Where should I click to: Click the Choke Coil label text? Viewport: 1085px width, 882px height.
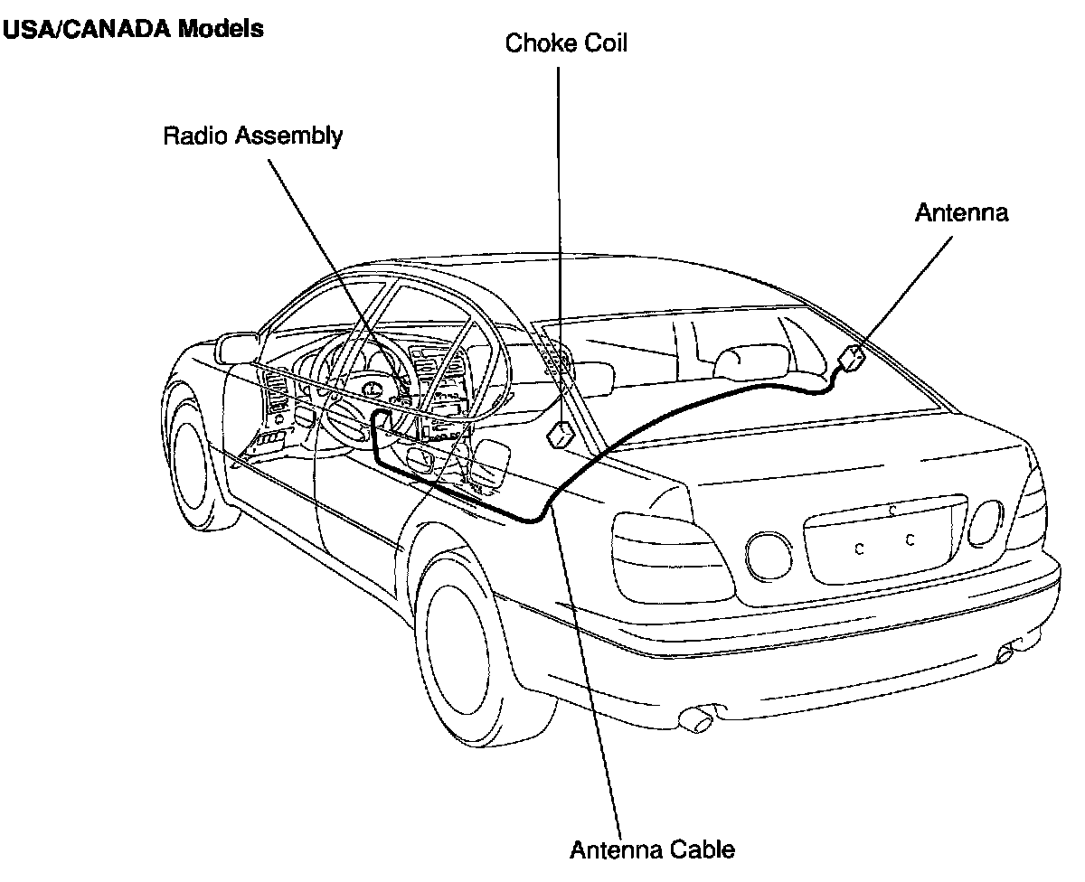click(x=565, y=42)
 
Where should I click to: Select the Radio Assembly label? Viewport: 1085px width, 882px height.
click(x=252, y=136)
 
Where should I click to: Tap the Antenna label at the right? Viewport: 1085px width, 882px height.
click(x=961, y=212)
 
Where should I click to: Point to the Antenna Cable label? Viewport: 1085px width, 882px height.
click(x=652, y=849)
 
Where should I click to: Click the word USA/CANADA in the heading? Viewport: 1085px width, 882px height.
click(x=87, y=29)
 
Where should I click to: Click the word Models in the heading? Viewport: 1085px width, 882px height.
click(x=222, y=29)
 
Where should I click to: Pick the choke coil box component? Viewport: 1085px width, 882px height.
click(x=560, y=435)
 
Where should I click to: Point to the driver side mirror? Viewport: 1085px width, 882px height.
click(x=237, y=349)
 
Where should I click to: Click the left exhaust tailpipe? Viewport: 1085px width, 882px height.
click(x=696, y=719)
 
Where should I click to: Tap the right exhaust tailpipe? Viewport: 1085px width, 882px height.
click(x=1006, y=653)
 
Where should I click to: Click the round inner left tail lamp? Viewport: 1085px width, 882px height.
click(x=769, y=557)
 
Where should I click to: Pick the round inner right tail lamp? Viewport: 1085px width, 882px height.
click(x=986, y=522)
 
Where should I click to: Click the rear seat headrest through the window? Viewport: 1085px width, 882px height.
click(x=752, y=361)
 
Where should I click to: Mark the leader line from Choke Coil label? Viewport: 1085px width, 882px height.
click(x=560, y=244)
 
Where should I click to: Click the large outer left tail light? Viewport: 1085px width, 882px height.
click(x=673, y=558)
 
